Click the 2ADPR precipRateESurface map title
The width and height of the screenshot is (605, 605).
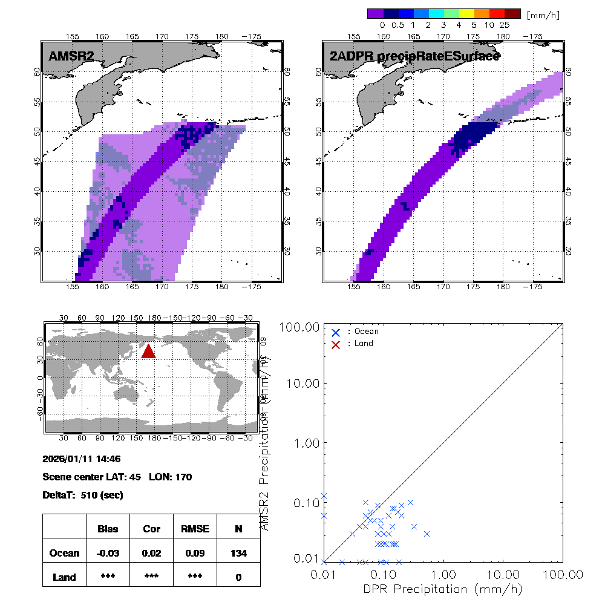point(414,57)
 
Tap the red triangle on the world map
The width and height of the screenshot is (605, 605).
point(148,351)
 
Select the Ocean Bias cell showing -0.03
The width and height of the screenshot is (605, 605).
point(108,553)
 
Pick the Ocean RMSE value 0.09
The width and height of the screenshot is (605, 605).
point(195,553)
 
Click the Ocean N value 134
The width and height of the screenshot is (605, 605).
point(238,553)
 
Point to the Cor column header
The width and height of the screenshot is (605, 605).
point(151,529)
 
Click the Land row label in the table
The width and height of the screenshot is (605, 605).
point(64,577)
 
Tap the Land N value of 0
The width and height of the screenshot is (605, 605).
point(238,577)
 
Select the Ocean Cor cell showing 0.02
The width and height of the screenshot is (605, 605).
point(151,553)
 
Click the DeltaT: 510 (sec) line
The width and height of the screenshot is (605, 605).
point(83,495)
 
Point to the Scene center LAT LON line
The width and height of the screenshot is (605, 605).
point(117,477)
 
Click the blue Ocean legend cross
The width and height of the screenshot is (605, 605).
point(336,332)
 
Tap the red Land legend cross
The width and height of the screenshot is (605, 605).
point(336,344)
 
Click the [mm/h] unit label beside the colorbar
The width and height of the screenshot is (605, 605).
point(543,15)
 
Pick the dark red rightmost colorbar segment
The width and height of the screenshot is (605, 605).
point(512,13)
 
